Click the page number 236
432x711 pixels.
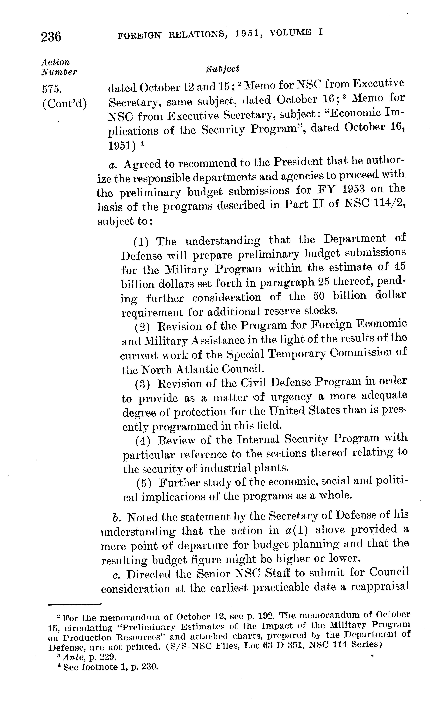(x=51, y=37)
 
